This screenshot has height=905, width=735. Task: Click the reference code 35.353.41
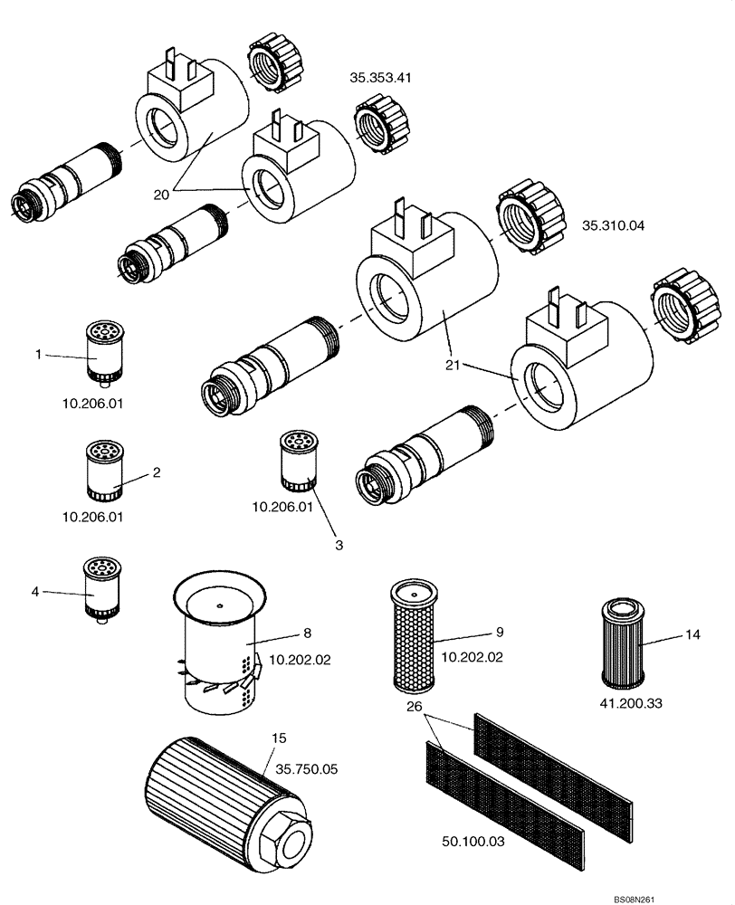point(380,78)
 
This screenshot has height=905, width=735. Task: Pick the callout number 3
point(339,545)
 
